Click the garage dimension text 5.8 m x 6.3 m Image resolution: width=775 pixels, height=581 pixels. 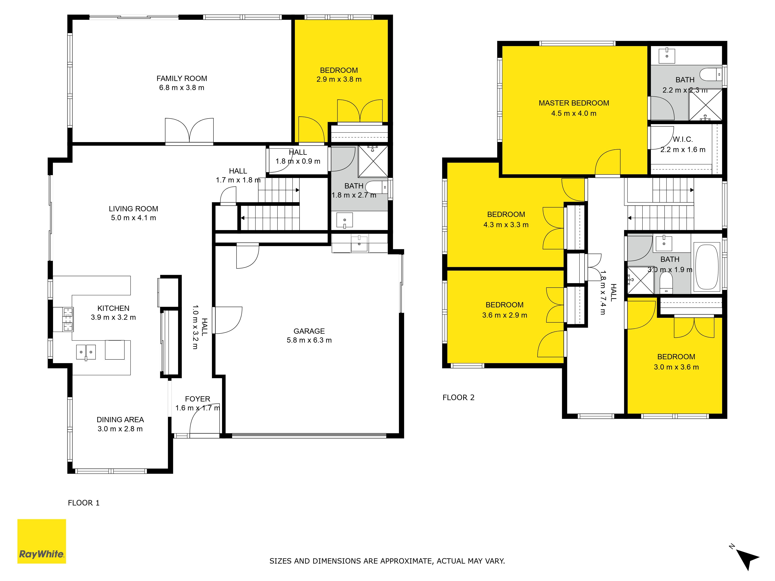[309, 340]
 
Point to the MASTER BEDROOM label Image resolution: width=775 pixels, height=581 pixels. [573, 103]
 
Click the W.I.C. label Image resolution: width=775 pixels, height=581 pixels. [683, 139]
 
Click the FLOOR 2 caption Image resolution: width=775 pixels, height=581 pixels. [458, 397]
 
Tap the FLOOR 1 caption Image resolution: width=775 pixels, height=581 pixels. [84, 503]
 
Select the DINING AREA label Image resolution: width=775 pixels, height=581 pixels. [120, 419]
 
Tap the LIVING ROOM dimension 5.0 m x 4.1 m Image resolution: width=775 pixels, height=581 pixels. [133, 218]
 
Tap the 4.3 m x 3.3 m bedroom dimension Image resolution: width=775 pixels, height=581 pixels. [505, 225]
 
